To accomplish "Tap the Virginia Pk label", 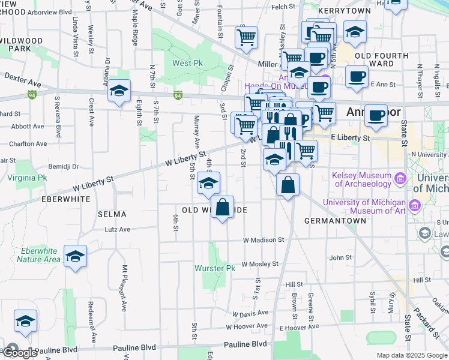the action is tap(27, 178).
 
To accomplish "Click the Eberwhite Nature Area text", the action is tap(38, 255).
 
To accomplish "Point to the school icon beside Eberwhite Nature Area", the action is tap(76, 256).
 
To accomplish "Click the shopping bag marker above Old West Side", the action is tap(223, 208).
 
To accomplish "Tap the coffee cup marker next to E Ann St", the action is tap(357, 77).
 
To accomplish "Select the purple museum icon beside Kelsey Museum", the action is tap(399, 178).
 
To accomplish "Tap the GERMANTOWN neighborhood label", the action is tap(335, 221).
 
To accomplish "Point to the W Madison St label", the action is tap(264, 240).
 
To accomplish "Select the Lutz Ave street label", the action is tap(117, 229).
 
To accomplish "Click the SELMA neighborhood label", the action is tap(112, 214).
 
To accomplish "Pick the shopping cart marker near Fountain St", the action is tap(246, 38).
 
